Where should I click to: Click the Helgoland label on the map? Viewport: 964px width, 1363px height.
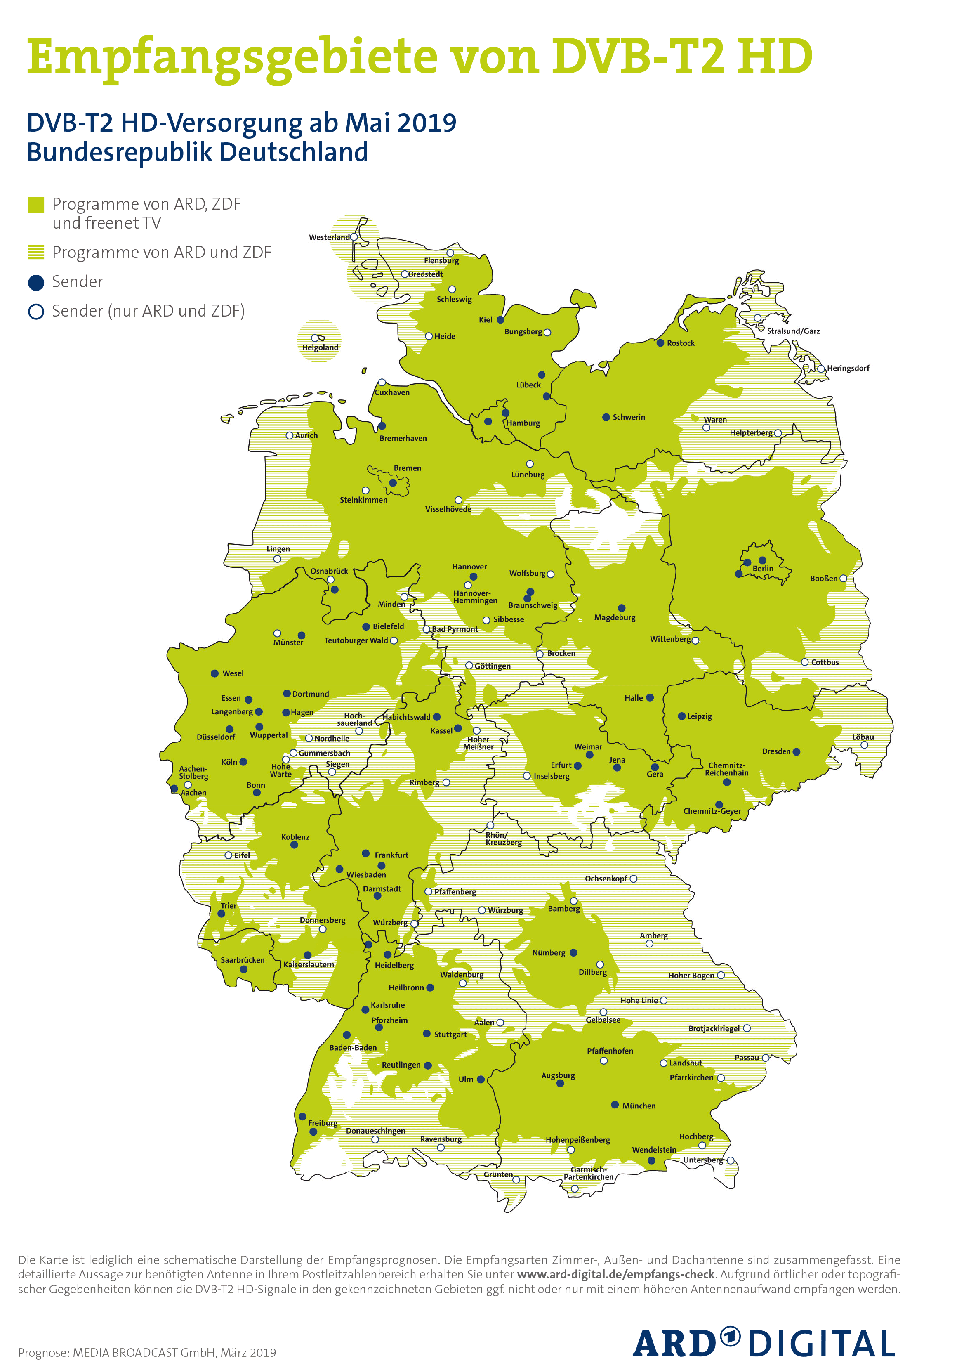320,347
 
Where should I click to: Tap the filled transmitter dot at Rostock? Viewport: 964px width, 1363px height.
660,343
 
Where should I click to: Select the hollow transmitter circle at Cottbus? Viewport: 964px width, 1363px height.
804,661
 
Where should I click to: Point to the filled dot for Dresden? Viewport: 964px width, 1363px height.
797,752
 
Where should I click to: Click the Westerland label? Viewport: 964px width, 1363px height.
329,237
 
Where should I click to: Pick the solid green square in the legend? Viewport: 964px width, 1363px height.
36,205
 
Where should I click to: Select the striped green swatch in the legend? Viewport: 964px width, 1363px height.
36,253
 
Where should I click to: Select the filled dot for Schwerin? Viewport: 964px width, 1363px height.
606,417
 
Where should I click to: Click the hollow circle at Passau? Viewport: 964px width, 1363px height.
766,1058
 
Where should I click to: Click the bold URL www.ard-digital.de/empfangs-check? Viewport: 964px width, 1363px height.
615,1275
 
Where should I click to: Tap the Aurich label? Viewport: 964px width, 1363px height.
306,435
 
